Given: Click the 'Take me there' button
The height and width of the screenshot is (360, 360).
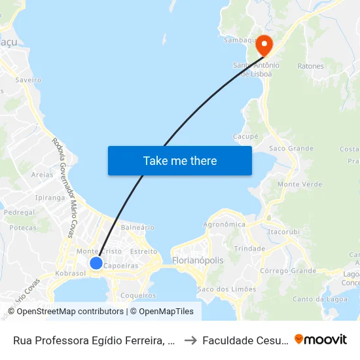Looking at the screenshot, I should click(180, 160).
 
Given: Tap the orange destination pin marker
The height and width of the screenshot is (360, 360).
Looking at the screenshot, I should click(264, 45).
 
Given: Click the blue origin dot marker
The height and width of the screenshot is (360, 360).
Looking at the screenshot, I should click(96, 263).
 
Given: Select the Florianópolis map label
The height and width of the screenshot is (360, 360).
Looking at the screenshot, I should click(198, 261).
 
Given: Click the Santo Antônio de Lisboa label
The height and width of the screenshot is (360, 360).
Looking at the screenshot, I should click(257, 69).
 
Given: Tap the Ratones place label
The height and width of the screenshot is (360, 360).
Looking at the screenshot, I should click(310, 66).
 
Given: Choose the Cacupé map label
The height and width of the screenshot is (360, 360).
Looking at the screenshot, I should click(246, 137).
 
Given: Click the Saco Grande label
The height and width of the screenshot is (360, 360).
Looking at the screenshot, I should click(291, 149).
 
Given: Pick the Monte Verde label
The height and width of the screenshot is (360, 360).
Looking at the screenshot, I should click(300, 185).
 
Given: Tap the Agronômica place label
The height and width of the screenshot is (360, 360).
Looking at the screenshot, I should click(225, 225).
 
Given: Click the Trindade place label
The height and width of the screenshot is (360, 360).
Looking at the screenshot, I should click(249, 249).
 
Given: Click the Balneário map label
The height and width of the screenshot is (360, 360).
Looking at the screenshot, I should click(137, 227).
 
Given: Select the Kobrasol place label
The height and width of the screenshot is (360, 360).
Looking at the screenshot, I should click(71, 273).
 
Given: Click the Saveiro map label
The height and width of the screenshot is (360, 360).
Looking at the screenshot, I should click(28, 80).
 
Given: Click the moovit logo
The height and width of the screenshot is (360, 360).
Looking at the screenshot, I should click(321, 339).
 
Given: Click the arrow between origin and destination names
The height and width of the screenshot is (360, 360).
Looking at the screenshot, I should click(189, 340).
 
